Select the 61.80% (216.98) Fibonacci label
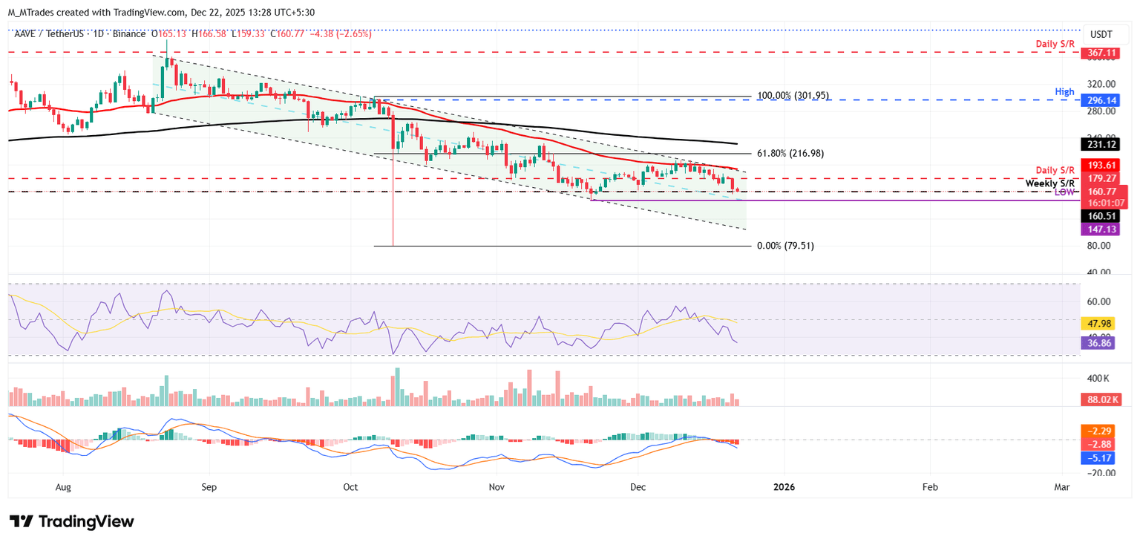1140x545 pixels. [x=790, y=154]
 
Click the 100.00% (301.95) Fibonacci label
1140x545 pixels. [x=793, y=96]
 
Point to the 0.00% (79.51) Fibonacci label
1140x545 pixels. [x=785, y=246]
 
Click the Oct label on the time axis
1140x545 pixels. [x=351, y=487]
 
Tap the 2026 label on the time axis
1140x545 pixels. [x=784, y=487]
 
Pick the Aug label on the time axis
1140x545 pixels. [x=63, y=487]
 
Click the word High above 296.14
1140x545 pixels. [x=1064, y=91]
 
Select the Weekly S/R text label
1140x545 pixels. [x=1049, y=183]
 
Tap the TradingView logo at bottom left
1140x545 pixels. [x=72, y=521]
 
